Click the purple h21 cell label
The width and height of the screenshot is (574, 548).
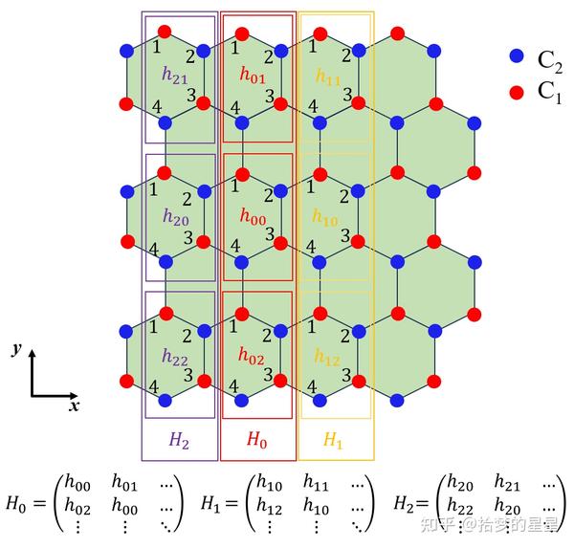tap(174, 76)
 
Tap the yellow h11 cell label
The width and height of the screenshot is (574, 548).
tap(328, 76)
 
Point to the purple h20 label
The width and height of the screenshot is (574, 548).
tap(174, 217)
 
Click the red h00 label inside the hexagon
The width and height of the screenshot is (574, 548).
tap(253, 218)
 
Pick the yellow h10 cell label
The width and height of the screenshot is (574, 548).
tap(326, 217)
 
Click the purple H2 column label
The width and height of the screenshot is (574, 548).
tap(179, 440)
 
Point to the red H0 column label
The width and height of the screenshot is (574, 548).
tap(257, 440)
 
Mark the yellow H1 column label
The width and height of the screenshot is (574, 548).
tap(332, 440)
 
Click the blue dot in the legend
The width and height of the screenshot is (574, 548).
tap(517, 57)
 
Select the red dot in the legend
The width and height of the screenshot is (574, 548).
tap(517, 92)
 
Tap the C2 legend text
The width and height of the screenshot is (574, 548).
tap(549, 59)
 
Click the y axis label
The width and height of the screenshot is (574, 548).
tap(17, 349)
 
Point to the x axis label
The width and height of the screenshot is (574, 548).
tap(74, 406)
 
